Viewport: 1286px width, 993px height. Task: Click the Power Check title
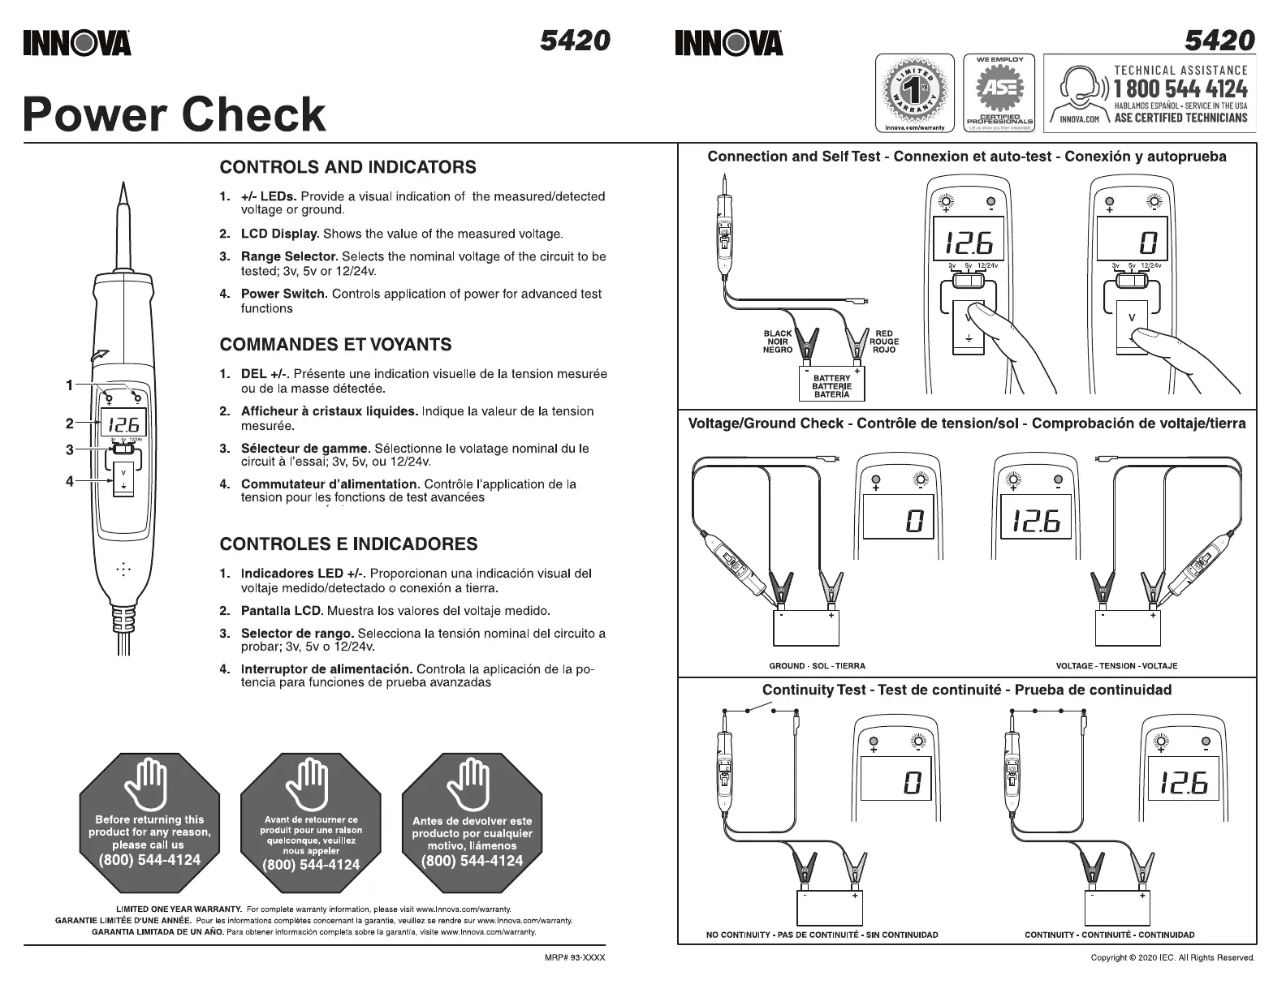tap(175, 114)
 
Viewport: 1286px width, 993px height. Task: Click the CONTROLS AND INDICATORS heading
tap(347, 167)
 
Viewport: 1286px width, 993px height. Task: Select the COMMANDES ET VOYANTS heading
tap(335, 344)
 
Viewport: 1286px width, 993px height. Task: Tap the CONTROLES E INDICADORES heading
tap(348, 544)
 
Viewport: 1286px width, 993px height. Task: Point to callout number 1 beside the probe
tap(70, 385)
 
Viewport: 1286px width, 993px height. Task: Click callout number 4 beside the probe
tap(70, 481)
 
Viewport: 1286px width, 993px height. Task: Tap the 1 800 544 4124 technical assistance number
tap(1180, 88)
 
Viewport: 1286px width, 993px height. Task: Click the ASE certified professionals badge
tap(999, 93)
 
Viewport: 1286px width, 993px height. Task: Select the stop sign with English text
tap(149, 823)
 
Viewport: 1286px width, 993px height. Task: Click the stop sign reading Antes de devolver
tap(472, 823)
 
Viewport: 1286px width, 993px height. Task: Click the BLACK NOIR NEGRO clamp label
tap(777, 342)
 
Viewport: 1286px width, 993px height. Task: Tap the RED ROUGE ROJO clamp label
tap(884, 342)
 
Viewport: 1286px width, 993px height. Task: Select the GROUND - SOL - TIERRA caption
tap(817, 666)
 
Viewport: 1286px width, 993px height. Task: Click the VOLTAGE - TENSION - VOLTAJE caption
tap(1116, 666)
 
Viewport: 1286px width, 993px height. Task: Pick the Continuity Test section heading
tap(966, 690)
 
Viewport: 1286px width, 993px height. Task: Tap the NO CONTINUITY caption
tap(822, 935)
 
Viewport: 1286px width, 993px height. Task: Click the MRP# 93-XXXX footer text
tap(574, 958)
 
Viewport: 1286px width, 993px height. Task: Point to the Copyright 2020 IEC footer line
tap(1172, 958)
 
